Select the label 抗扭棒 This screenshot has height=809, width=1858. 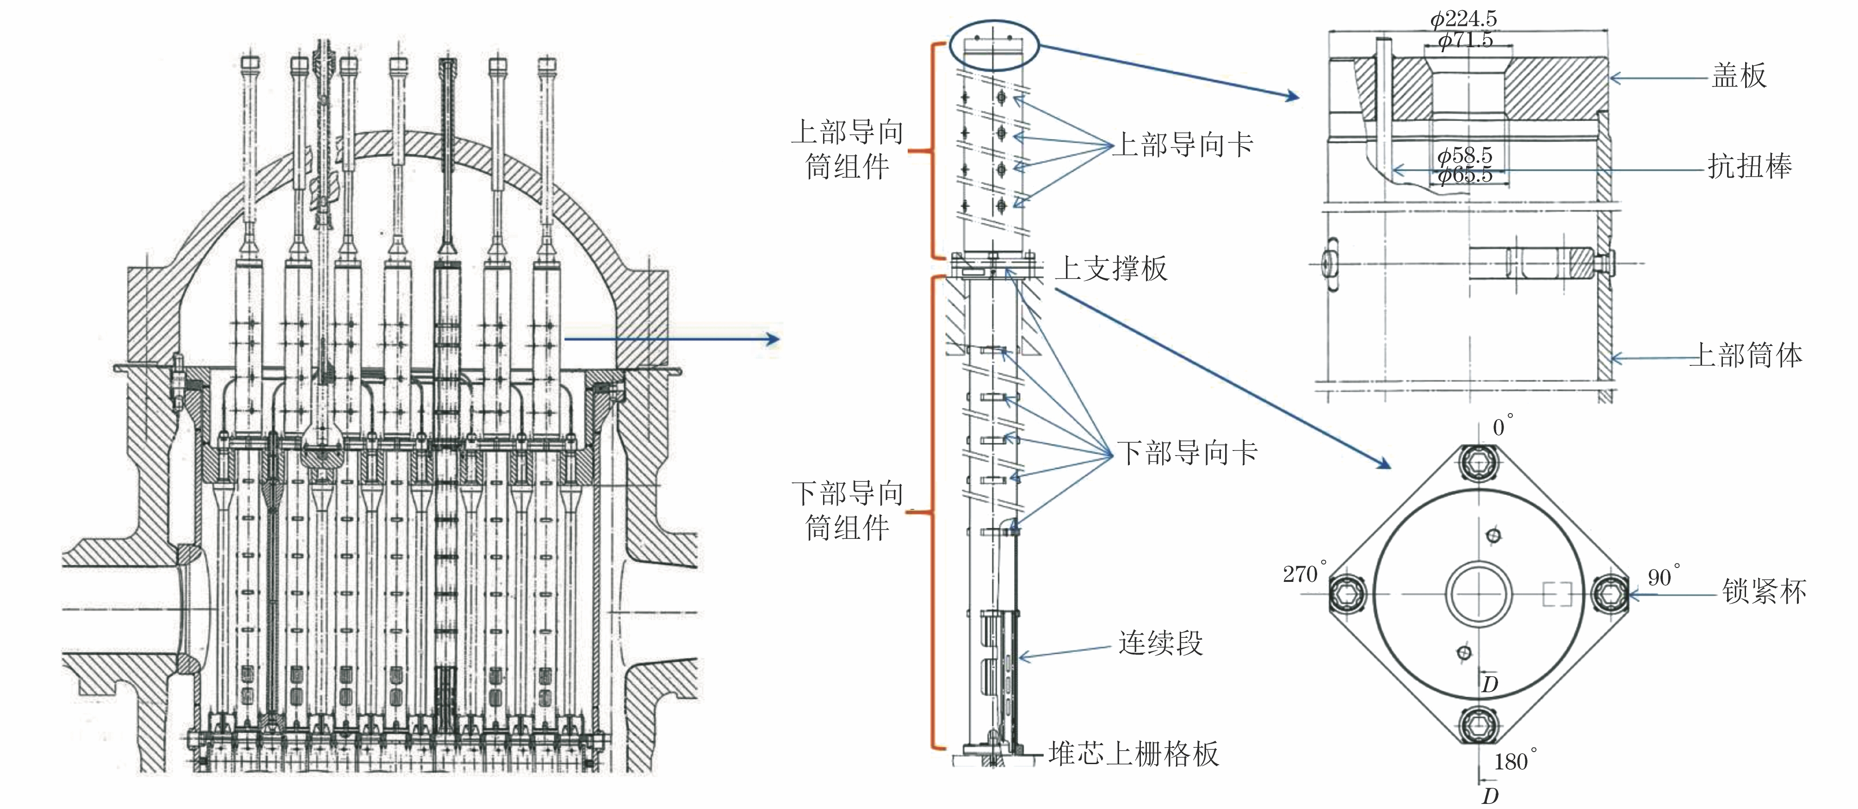(1749, 167)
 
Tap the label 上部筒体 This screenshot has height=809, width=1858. (1746, 355)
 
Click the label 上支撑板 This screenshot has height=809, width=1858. (1111, 268)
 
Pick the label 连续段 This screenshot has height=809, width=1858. (1160, 642)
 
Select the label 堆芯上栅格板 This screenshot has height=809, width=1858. (1134, 753)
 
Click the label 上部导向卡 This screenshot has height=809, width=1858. (1183, 144)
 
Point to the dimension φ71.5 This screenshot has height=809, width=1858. (1466, 40)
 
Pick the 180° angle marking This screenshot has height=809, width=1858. (1515, 761)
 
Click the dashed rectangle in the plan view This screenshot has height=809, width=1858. (1556, 594)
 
